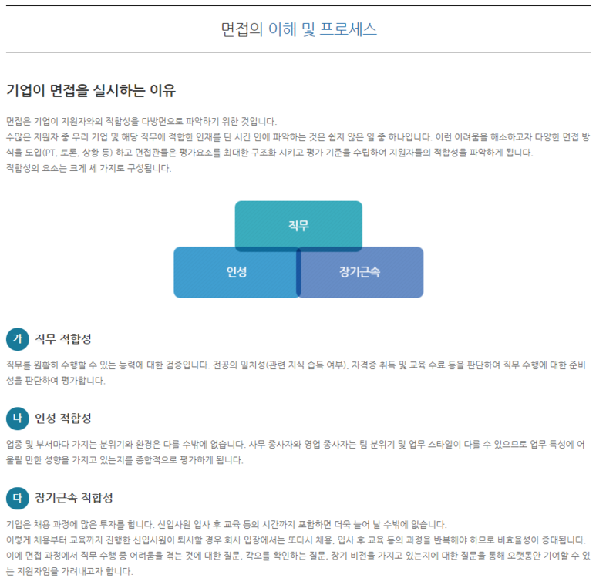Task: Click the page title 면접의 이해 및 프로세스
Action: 298,30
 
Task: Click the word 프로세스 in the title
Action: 348,30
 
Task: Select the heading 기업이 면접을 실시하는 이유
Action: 91,91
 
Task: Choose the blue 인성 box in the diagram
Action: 236,272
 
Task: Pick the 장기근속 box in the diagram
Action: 360,272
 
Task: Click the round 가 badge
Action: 17,338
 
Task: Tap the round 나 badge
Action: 17,418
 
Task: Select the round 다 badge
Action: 17,497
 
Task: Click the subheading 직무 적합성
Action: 62,338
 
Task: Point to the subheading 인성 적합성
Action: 62,418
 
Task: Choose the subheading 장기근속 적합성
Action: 73,497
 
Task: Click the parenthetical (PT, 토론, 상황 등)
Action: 68,152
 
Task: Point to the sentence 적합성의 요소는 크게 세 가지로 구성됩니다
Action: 88,167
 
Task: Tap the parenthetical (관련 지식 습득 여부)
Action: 305,365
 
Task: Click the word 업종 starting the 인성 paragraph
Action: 14,444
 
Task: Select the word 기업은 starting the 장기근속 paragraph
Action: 19,523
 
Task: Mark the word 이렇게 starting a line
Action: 19,540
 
